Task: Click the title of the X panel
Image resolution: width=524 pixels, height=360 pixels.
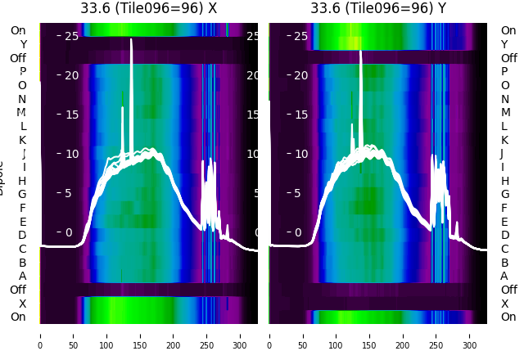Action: (x=148, y=8)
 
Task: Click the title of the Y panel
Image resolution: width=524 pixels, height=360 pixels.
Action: (x=377, y=8)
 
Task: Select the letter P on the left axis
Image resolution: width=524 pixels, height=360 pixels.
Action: (x=23, y=71)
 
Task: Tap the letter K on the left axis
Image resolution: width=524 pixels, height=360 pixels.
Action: (x=23, y=140)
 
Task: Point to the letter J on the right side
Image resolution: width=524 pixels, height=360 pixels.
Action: (x=501, y=153)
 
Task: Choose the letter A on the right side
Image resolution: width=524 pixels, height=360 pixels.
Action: (x=504, y=276)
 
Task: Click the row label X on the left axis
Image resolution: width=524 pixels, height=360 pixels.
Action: (x=23, y=304)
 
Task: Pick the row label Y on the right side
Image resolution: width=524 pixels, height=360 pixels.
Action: (x=504, y=44)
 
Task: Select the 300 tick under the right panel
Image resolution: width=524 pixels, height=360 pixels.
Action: (x=470, y=335)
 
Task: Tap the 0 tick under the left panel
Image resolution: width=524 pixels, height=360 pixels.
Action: (x=40, y=335)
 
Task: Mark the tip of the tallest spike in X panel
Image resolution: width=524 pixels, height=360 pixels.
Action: (x=131, y=40)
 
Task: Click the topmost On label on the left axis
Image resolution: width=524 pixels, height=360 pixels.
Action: (x=18, y=30)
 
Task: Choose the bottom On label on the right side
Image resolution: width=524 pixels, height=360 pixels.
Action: (x=508, y=317)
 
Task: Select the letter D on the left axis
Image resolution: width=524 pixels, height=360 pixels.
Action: (x=23, y=235)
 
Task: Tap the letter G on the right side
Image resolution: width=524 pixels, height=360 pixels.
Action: (x=504, y=194)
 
